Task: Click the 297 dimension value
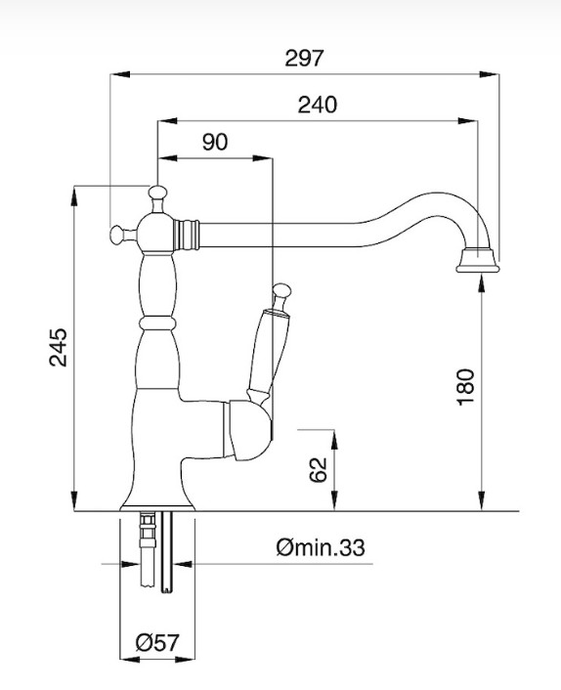(x=304, y=59)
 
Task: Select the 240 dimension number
(x=318, y=105)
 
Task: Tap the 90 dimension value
(x=215, y=142)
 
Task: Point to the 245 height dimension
(x=58, y=347)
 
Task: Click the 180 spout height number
(x=466, y=387)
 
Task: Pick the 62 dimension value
(x=318, y=470)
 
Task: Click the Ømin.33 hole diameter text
(x=321, y=548)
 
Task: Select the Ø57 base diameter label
(x=157, y=643)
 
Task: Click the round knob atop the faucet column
(x=157, y=194)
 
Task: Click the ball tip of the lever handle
(x=281, y=290)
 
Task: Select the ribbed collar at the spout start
(x=186, y=235)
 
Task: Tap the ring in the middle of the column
(x=157, y=323)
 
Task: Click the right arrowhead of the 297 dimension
(x=489, y=74)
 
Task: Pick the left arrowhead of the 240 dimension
(x=168, y=120)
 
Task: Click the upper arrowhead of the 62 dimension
(x=334, y=439)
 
